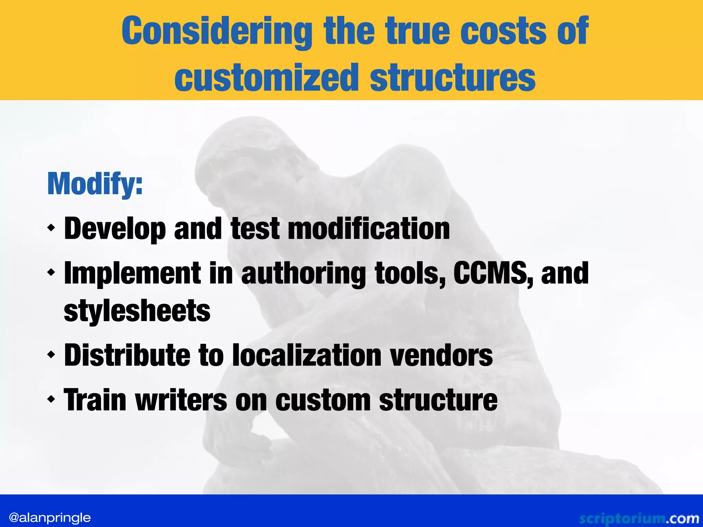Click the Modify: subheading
click(x=95, y=184)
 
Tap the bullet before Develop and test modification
click(x=51, y=227)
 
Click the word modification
click(x=368, y=229)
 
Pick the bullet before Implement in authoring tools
click(x=51, y=273)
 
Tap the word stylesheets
click(x=137, y=311)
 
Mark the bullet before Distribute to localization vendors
click(x=51, y=354)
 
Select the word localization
click(x=307, y=355)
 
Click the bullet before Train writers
click(x=51, y=399)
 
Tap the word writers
click(x=181, y=400)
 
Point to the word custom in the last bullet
click(x=323, y=400)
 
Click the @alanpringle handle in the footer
click(x=50, y=517)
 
